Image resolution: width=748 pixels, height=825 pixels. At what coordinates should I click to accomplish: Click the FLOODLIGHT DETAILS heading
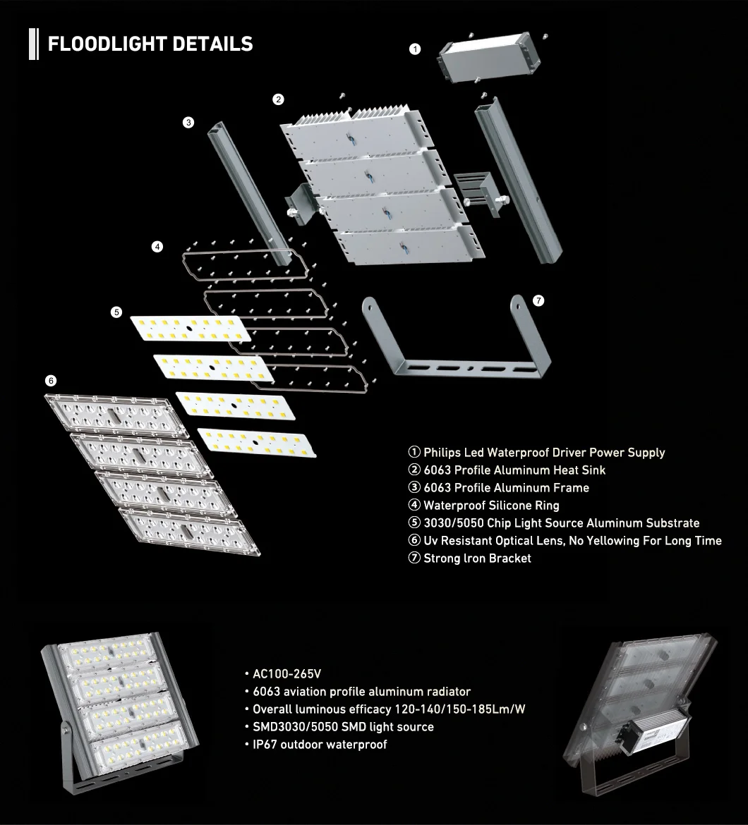click(150, 44)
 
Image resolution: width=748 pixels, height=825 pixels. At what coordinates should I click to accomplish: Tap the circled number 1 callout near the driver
click(415, 49)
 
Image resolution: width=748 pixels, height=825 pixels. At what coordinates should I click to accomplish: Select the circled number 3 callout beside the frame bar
click(188, 122)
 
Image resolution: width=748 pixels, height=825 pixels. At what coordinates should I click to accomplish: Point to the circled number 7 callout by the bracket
click(538, 301)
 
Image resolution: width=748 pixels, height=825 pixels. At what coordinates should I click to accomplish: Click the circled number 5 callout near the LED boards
click(116, 312)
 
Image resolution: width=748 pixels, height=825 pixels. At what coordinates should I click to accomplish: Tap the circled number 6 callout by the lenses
click(51, 380)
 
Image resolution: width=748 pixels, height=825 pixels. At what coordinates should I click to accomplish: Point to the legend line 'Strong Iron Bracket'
click(476, 558)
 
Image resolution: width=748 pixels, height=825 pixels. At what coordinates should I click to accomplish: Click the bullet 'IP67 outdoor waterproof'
click(319, 745)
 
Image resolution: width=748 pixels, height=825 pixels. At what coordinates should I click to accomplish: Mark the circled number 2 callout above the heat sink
click(279, 99)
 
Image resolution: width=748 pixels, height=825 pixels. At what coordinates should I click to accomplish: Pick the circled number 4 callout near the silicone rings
click(157, 247)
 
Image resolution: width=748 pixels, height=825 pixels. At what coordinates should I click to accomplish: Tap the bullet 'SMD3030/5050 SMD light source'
click(343, 727)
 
